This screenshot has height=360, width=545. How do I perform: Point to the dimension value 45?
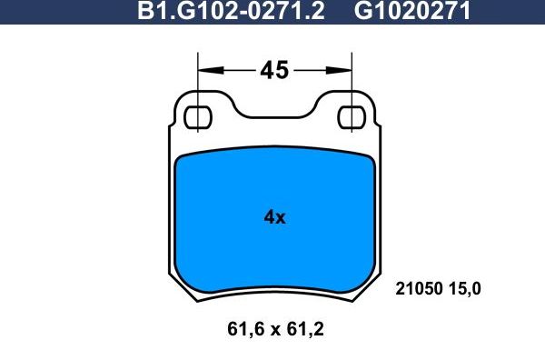click(x=273, y=69)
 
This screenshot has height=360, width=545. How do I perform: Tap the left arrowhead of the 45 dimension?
click(x=205, y=69)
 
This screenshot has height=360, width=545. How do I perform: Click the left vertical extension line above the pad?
click(x=198, y=77)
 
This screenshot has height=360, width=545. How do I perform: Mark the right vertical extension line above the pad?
click(x=352, y=77)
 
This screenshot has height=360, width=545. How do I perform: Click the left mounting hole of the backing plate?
click(x=197, y=117)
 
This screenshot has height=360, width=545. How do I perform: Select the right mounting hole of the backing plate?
click(x=352, y=117)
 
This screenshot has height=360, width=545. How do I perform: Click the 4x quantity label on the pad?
click(x=273, y=217)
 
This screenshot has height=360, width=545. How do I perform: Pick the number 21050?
click(x=418, y=290)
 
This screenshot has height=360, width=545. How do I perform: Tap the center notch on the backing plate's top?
click(x=273, y=114)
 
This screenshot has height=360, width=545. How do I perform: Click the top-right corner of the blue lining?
click(x=370, y=156)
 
